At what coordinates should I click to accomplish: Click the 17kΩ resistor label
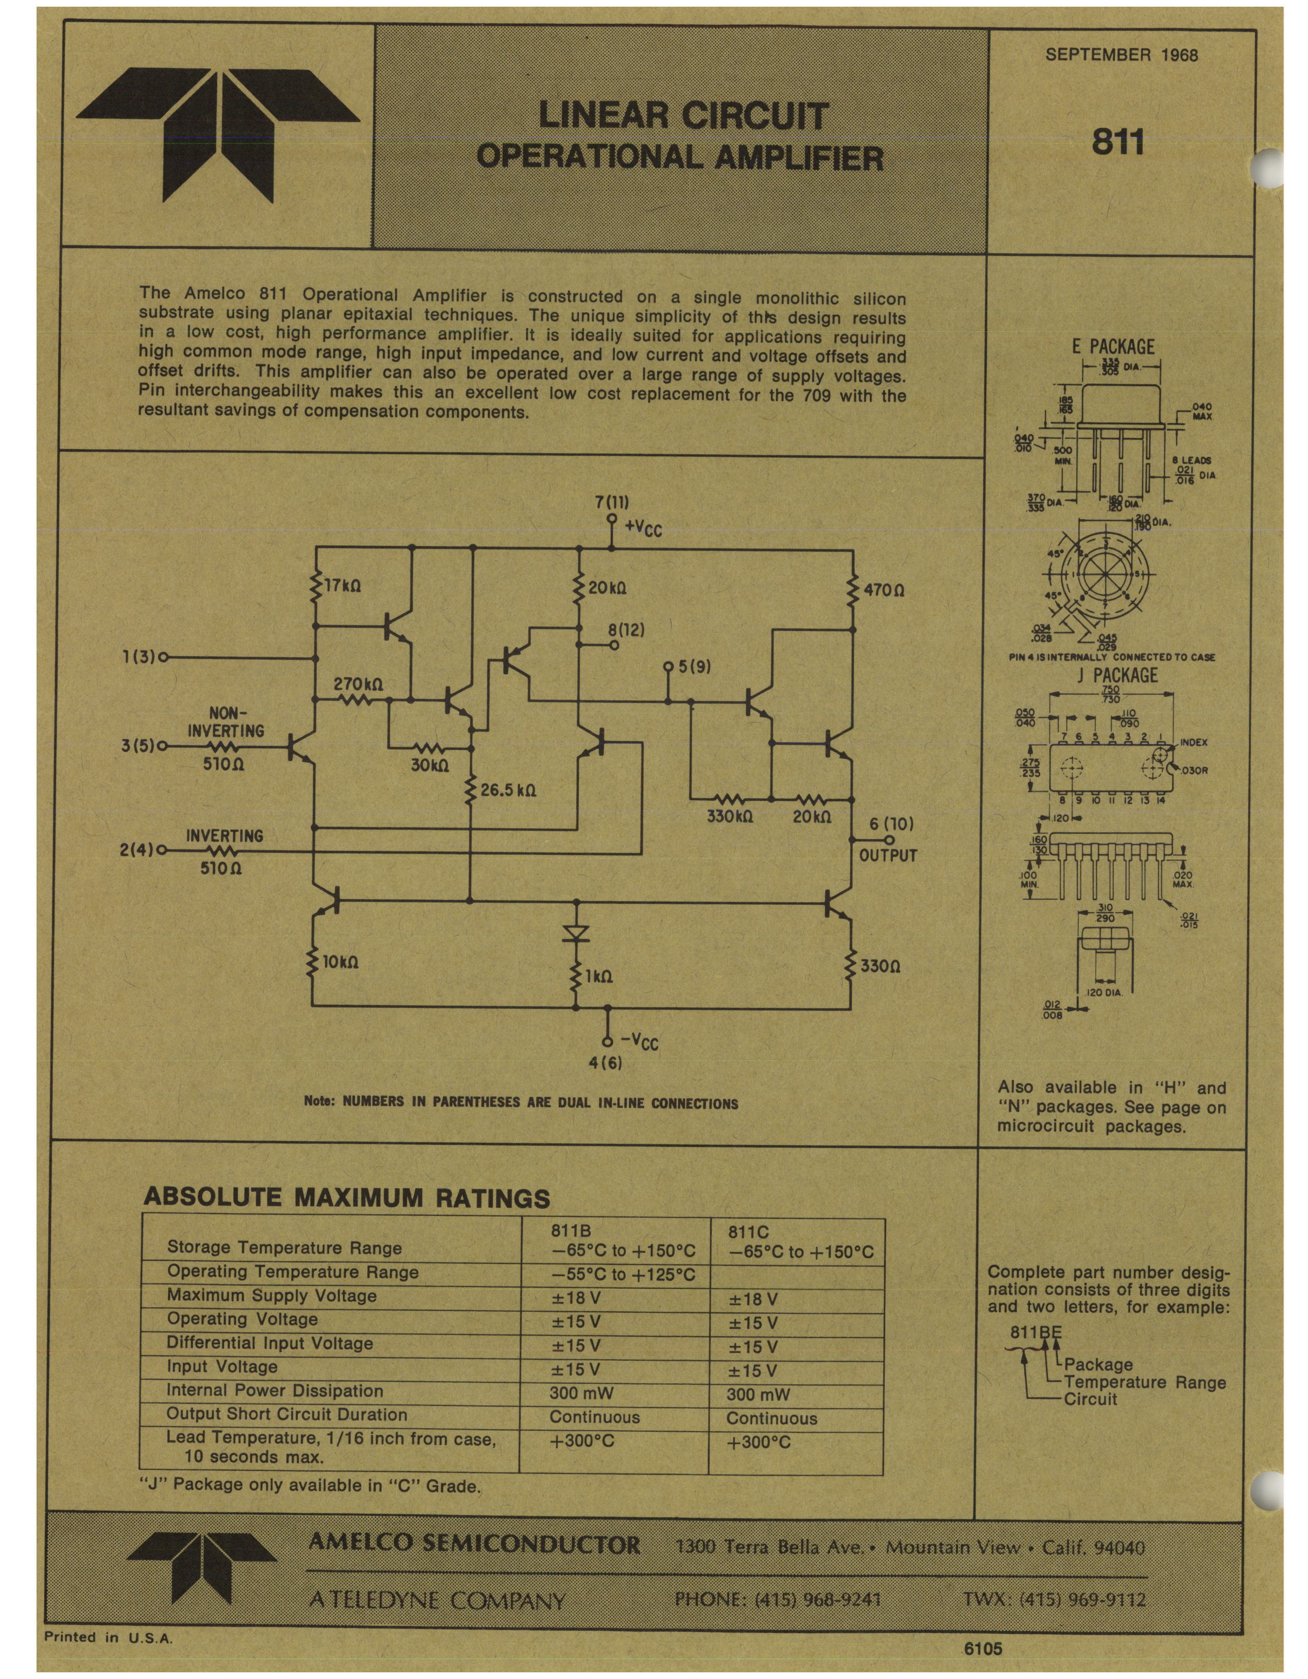pos(343,586)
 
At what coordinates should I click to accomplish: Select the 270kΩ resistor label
pos(358,682)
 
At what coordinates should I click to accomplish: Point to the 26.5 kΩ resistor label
pos(508,790)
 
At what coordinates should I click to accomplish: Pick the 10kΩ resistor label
pos(340,962)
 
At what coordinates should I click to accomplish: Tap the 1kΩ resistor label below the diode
pos(599,976)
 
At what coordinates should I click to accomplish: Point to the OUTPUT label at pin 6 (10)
pos(888,855)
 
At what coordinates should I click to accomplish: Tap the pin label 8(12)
pos(626,629)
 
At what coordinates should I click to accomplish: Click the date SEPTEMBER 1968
pos(1121,55)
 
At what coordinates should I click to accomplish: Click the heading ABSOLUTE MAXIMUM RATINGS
pos(347,1197)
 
